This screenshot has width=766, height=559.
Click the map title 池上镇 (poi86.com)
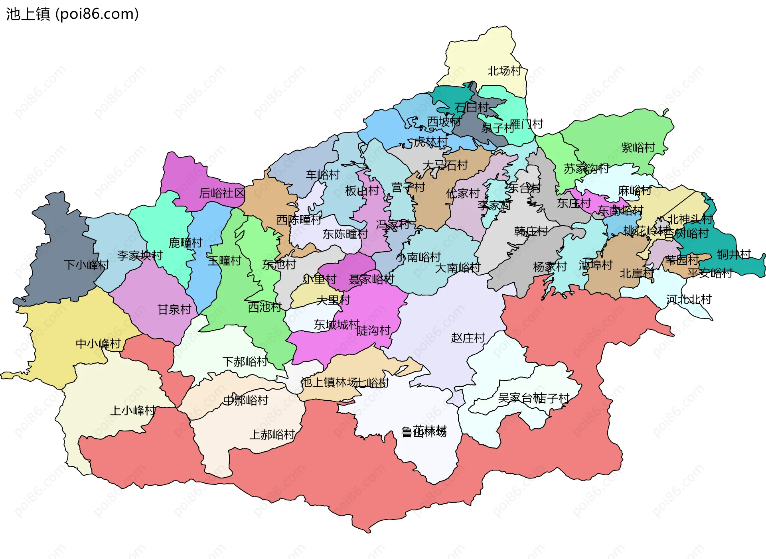[x=72, y=14]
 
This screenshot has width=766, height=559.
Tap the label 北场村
[x=504, y=71]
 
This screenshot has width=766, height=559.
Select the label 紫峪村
[x=638, y=148]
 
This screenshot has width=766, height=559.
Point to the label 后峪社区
[x=222, y=193]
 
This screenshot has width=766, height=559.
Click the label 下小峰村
[x=87, y=265]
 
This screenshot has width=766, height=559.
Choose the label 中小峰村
[x=98, y=344]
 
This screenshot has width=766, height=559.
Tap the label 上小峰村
[x=133, y=410]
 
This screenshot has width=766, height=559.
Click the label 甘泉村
[x=174, y=309]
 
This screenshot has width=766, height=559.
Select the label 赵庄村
[x=468, y=338]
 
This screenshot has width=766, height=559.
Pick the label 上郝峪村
[x=272, y=435]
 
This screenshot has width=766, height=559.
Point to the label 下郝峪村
[x=245, y=362]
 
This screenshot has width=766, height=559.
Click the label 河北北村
[x=689, y=299]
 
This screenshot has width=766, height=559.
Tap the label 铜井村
[x=734, y=254]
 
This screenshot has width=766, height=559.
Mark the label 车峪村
[x=322, y=175]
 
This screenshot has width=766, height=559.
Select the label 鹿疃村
[x=186, y=242]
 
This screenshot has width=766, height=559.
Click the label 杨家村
[x=550, y=267]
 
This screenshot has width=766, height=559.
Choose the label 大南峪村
[x=457, y=268]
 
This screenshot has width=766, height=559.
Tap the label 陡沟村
[x=373, y=331]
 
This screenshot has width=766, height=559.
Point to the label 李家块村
[x=140, y=256]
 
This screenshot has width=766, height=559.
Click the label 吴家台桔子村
[x=533, y=398]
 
